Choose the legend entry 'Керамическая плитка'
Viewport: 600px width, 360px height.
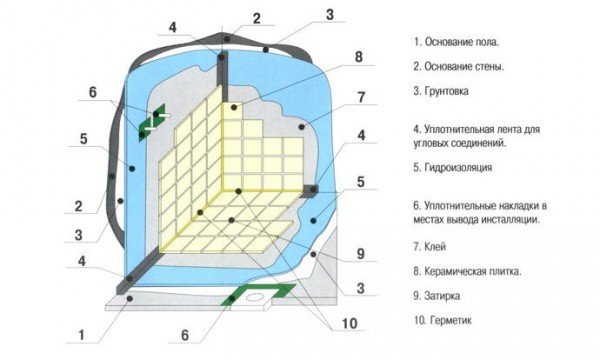475,269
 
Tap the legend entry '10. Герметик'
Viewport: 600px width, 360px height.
445,320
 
